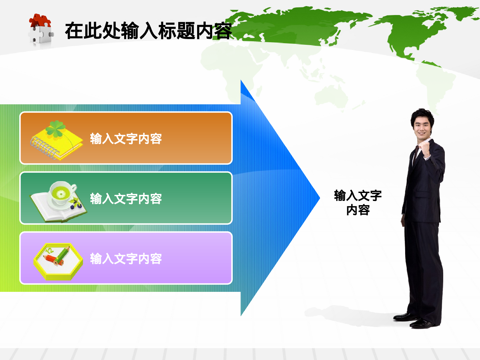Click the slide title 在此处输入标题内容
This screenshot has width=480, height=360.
click(148, 31)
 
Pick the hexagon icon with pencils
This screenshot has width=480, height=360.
click(58, 261)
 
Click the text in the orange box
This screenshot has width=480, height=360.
click(126, 139)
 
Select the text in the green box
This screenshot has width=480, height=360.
click(126, 199)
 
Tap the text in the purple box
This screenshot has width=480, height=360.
click(126, 259)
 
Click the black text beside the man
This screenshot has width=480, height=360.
click(358, 203)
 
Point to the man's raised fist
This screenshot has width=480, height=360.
click(425, 148)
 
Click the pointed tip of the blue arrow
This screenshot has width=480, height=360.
click(318, 198)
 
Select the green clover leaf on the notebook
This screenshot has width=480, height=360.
click(56, 128)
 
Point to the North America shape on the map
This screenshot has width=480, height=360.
click(416, 32)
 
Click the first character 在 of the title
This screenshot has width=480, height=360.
click(74, 31)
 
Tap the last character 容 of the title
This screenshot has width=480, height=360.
click(223, 31)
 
